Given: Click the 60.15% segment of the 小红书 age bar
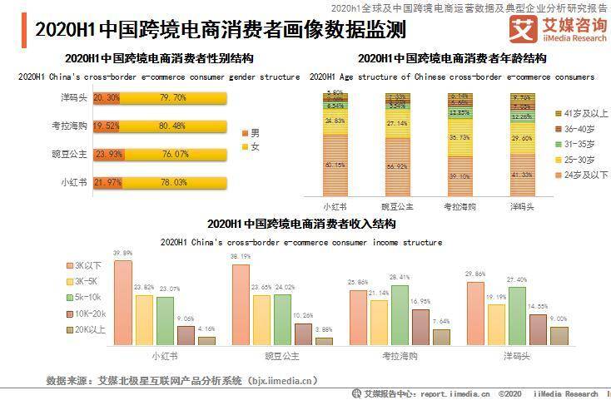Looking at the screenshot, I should (335, 164).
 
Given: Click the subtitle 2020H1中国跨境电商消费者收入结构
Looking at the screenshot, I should (301, 225).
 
